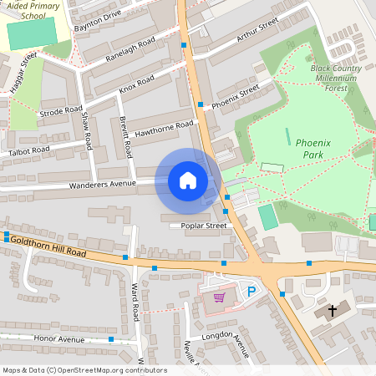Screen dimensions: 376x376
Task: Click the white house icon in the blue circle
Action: point(188,180)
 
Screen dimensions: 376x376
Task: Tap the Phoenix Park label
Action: point(313,149)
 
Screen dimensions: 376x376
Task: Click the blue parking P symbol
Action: point(251,291)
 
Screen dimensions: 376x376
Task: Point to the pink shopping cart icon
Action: point(219,297)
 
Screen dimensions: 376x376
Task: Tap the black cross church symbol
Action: point(332,311)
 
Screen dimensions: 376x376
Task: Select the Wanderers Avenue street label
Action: point(102,184)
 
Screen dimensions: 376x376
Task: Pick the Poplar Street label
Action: point(198,226)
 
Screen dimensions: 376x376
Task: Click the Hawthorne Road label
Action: point(165,128)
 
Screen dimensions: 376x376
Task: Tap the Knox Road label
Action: point(137,84)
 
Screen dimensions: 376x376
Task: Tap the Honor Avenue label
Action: point(59,340)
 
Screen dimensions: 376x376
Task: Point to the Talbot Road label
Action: point(29,150)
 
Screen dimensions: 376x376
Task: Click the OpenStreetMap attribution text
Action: point(84,370)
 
